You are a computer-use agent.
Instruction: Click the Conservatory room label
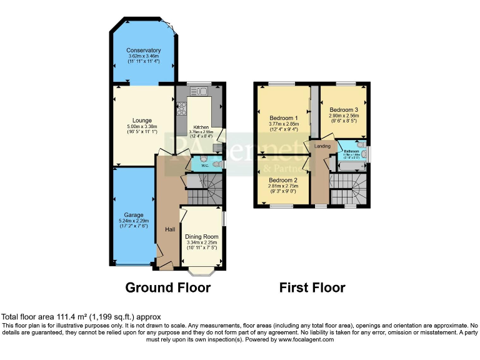(x=143, y=50)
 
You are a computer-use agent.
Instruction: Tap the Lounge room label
(x=142, y=121)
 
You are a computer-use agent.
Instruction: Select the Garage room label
(x=133, y=214)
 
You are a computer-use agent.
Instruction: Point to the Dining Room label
(x=201, y=236)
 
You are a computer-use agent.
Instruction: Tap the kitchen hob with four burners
(x=182, y=109)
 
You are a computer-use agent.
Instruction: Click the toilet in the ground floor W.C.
(x=216, y=164)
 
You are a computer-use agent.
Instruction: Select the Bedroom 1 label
(x=283, y=117)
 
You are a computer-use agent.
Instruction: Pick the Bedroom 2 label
(x=283, y=180)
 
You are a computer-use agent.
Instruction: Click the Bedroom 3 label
(x=343, y=109)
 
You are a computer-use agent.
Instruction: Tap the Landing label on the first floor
(x=322, y=146)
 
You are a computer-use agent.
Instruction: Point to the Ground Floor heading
(x=167, y=287)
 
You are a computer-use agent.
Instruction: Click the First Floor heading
(x=312, y=287)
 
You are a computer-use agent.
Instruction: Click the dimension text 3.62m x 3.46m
(x=143, y=57)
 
